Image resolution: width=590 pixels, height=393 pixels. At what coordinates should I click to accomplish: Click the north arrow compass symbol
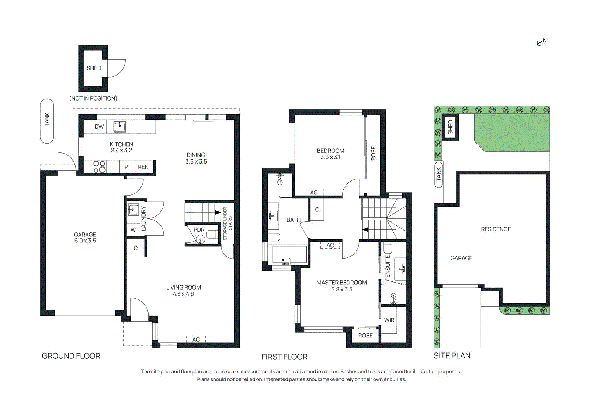tap(541, 42)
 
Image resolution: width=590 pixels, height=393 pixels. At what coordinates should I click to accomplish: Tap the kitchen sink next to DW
tap(119, 126)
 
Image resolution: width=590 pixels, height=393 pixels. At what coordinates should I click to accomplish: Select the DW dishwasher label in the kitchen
tap(99, 126)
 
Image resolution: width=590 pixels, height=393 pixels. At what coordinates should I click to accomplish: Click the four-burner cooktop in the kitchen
tap(99, 167)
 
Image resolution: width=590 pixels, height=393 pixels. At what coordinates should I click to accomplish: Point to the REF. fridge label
tap(143, 167)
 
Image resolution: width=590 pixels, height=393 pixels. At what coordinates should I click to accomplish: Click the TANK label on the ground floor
tap(47, 120)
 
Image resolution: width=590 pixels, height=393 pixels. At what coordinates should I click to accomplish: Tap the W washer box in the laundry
tap(133, 230)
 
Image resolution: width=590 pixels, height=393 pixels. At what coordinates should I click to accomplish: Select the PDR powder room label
tap(199, 230)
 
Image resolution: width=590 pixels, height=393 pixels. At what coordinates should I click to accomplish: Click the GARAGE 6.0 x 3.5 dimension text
tap(85, 241)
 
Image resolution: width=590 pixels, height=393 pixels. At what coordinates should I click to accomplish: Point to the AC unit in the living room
tap(196, 339)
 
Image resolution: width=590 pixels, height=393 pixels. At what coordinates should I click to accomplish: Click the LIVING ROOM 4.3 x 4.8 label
tap(183, 291)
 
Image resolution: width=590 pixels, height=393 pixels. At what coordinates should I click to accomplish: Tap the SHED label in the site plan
tap(450, 127)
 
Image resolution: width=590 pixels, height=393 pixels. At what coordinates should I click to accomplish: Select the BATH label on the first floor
tap(293, 220)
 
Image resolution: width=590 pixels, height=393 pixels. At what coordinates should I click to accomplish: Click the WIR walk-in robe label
tap(389, 320)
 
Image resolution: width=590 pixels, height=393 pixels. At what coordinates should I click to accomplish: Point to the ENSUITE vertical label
tap(388, 266)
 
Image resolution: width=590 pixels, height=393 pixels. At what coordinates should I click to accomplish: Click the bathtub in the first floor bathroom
tap(289, 255)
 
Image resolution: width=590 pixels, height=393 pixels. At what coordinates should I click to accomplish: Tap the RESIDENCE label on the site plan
tap(496, 229)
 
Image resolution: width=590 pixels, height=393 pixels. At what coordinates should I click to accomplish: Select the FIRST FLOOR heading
tap(284, 357)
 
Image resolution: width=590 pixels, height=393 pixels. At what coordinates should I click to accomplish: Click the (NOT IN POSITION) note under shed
tap(93, 98)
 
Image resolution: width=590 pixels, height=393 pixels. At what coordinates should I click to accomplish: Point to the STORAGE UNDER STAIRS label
tap(227, 224)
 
